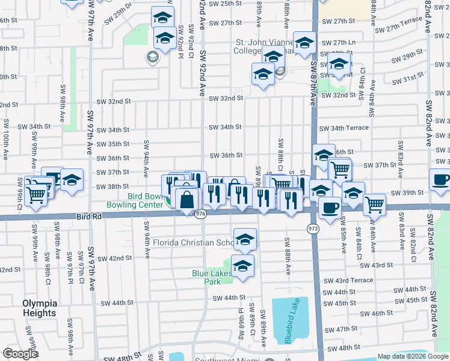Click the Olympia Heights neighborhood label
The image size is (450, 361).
coord(40,307)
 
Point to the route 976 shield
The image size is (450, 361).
coord(201,214)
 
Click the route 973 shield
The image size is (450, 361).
coord(313,229)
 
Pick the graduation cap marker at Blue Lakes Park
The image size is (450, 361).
coord(242,265)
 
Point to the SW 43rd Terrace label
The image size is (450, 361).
coord(348,280)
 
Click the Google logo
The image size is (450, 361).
coord(20,354)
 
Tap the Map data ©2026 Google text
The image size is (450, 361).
coord(413,356)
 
